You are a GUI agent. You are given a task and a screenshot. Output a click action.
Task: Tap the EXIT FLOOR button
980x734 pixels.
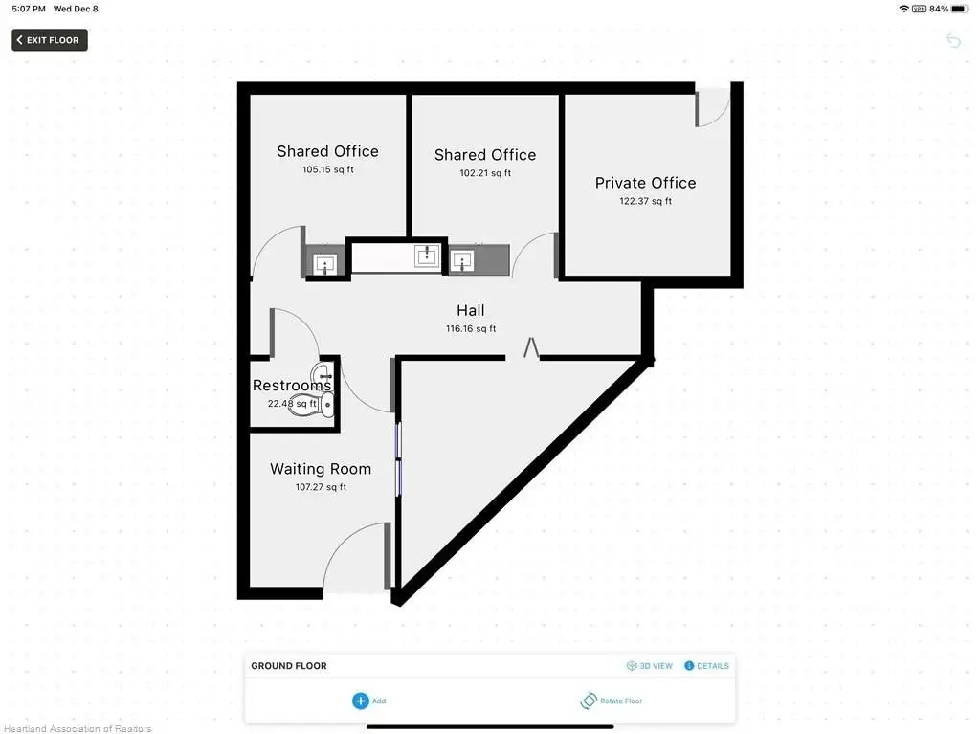tap(50, 40)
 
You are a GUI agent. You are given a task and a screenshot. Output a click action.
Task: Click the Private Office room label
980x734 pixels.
tap(645, 183)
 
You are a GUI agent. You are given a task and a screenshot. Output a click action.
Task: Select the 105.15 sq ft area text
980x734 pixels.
tap(328, 169)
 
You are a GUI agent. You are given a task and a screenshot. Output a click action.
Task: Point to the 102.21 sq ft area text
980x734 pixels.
tap(485, 173)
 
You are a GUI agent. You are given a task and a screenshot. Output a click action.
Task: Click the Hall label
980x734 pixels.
tap(470, 311)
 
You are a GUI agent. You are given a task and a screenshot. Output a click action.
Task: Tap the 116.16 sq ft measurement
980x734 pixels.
tap(471, 329)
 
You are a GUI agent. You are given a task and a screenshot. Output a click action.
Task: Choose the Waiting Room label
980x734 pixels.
tap(321, 469)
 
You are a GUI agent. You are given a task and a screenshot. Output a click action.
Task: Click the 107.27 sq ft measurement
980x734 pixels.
tap(321, 487)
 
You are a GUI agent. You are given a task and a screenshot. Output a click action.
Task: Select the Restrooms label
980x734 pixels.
tap(291, 385)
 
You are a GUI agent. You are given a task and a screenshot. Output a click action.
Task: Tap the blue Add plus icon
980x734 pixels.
tap(361, 701)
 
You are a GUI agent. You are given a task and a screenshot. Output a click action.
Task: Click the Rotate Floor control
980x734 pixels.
tap(612, 701)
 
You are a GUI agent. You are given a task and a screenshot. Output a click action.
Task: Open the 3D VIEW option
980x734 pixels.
tap(650, 666)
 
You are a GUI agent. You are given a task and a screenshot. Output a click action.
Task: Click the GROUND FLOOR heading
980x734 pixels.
tap(289, 666)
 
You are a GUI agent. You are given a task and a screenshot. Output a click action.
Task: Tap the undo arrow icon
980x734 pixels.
tap(952, 40)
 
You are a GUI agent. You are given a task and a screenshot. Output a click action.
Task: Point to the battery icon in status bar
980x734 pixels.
tap(960, 9)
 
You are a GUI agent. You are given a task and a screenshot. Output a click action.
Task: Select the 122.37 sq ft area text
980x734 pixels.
tap(646, 201)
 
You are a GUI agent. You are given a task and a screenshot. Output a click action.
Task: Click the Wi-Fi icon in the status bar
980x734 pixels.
tap(903, 9)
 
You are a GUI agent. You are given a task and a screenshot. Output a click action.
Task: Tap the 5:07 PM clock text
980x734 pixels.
tap(29, 9)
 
